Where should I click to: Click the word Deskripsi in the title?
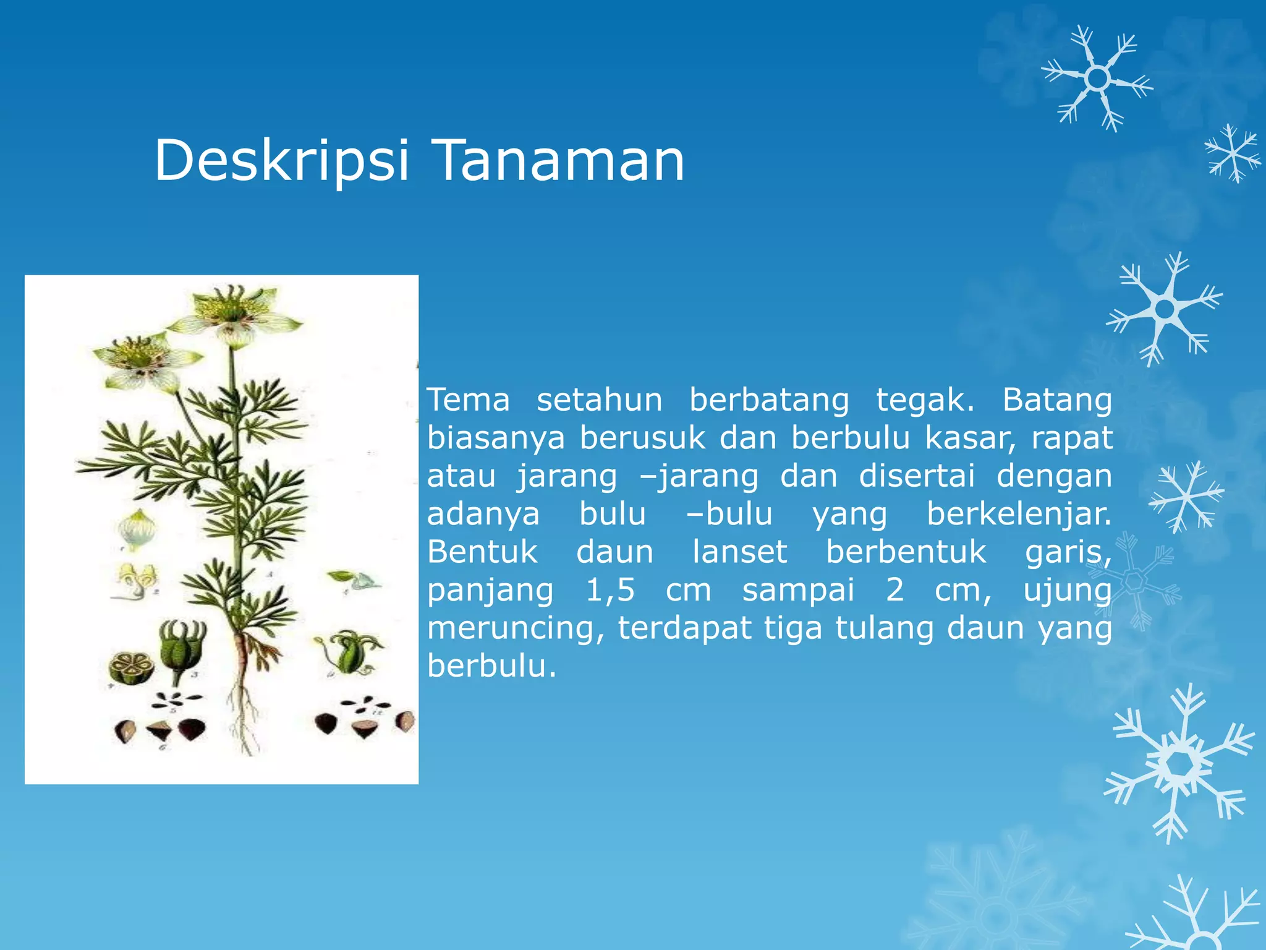[x=281, y=161]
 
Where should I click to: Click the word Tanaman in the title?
[x=559, y=161]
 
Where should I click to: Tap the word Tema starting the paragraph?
[x=469, y=400]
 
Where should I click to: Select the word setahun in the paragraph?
[x=599, y=400]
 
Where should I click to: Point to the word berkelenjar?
[x=1018, y=515]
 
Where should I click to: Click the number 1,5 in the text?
[x=610, y=591]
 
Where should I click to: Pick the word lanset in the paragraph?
[x=739, y=552]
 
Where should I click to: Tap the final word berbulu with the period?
[x=492, y=667]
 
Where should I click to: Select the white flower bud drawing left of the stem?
[x=138, y=529]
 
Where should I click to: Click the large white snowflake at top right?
[x=1097, y=79]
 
